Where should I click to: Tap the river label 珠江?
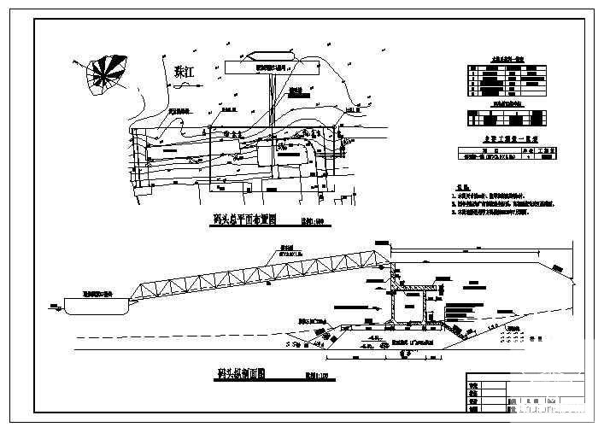point(181,73)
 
